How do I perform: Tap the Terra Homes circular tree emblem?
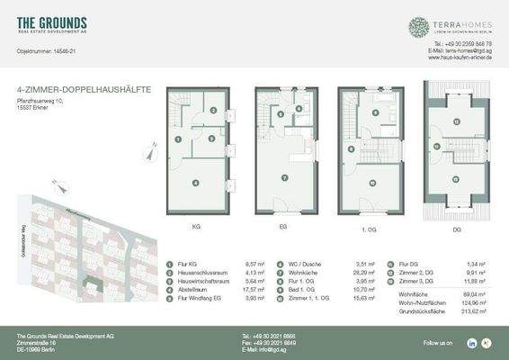point(419,26)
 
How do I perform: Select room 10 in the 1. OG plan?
point(371,183)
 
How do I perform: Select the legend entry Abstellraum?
point(195,289)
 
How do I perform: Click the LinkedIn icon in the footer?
point(472,343)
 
